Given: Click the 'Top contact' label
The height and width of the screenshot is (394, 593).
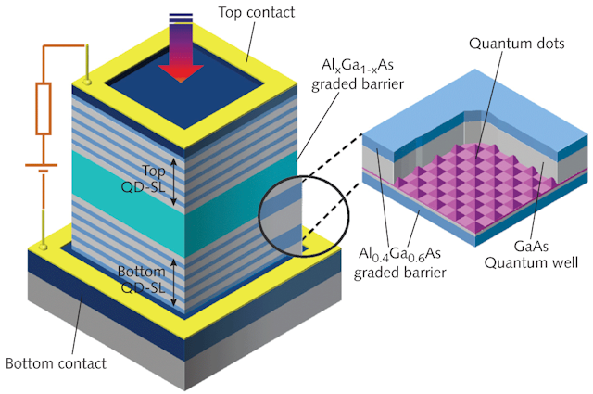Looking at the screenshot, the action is (256, 12).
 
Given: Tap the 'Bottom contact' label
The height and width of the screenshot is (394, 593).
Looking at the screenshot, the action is (56, 363).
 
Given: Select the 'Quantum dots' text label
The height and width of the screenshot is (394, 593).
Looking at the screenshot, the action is (517, 44).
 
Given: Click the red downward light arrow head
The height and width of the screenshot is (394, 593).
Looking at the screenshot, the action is (181, 73).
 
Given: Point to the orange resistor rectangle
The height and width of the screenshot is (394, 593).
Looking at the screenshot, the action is (44, 109).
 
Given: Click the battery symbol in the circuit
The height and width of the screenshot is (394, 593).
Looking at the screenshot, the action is (42, 168).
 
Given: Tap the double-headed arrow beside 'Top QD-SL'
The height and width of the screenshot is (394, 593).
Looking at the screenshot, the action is (173, 182).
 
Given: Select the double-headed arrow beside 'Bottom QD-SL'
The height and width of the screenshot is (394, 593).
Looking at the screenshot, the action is (173, 282).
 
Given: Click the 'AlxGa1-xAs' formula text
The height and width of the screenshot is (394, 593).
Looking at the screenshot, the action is (358, 66).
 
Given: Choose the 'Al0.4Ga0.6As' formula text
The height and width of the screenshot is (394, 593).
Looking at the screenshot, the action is (399, 254).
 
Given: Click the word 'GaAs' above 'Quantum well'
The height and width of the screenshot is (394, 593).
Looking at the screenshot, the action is (531, 247).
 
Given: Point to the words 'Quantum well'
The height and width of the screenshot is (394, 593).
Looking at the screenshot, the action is (531, 262).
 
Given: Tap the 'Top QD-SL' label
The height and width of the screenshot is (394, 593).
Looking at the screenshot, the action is (144, 179).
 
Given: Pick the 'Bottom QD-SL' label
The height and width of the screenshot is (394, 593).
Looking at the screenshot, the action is (142, 279).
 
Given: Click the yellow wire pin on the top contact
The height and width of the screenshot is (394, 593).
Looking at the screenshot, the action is (88, 65).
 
